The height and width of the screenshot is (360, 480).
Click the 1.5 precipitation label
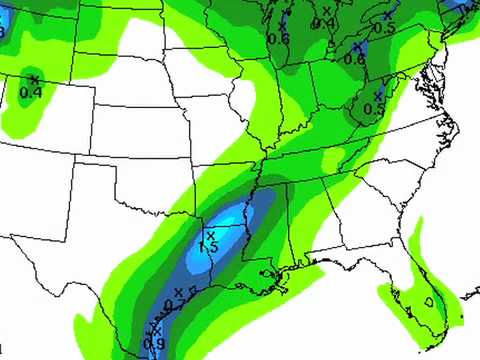[x=209, y=247]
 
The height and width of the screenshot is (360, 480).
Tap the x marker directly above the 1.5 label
[x=210, y=235]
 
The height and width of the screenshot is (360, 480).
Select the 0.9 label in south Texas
[x=155, y=343]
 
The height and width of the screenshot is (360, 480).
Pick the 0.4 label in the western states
[x=31, y=93]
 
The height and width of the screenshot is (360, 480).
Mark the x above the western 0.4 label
[x=34, y=79]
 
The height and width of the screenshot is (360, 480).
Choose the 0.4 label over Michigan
[x=324, y=22]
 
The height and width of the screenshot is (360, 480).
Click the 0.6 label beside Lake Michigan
[x=279, y=38]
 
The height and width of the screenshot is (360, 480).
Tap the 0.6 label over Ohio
[x=354, y=59]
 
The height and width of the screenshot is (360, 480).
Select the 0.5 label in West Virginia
[x=374, y=107]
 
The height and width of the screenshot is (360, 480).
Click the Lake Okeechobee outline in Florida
[x=428, y=299]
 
